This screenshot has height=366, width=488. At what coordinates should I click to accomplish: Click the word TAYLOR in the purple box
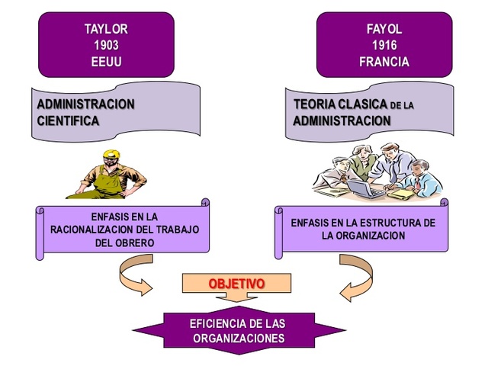(x=106, y=29)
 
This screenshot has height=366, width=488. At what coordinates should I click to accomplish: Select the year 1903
(x=106, y=46)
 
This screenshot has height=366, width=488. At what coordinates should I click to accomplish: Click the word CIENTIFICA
(x=68, y=120)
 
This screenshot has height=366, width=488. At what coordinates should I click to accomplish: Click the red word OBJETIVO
(x=236, y=284)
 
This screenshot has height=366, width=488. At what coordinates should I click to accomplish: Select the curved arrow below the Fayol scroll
(x=353, y=277)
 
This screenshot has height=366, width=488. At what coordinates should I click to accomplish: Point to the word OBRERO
(x=125, y=242)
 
